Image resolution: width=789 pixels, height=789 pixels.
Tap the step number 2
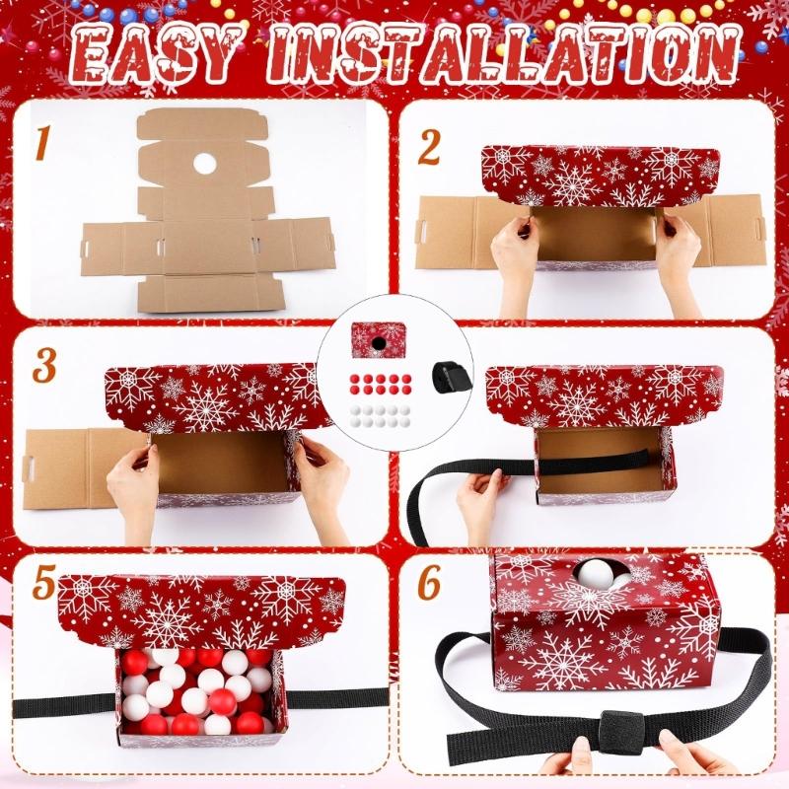(428, 146)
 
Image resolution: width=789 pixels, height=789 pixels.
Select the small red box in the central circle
(379, 340)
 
